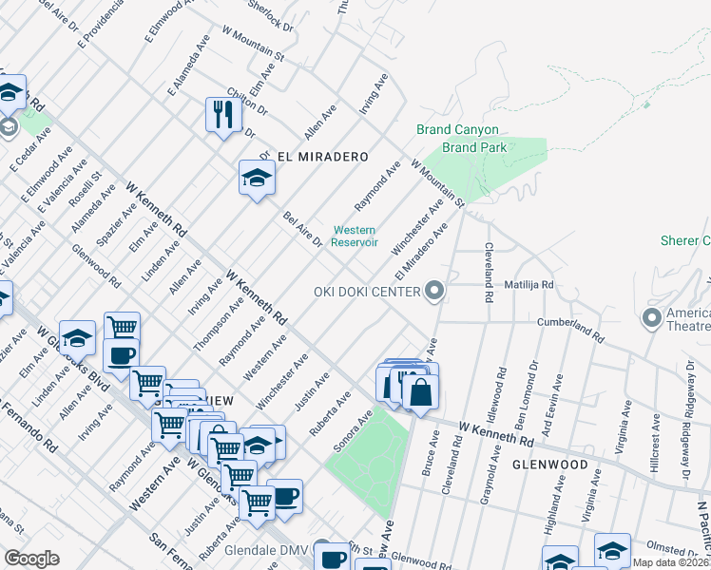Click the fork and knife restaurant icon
[224, 115]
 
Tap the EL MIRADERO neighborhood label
[322, 156]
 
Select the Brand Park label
[474, 147]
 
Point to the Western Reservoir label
[354, 236]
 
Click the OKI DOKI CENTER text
[367, 291]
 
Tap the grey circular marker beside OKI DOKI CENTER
[435, 291]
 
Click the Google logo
[31, 559]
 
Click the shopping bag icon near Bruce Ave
[420, 389]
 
